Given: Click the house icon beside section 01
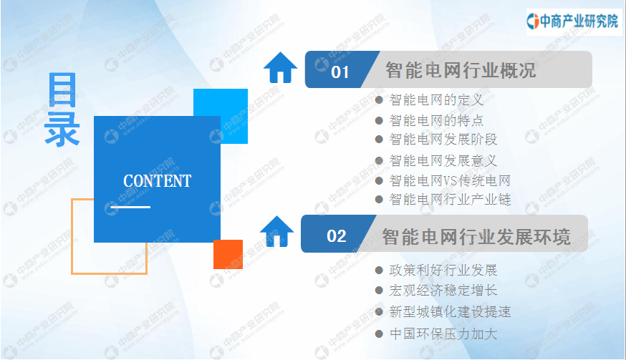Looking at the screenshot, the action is [280, 67].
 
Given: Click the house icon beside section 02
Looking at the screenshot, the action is [276, 231].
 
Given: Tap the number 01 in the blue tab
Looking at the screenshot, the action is [340, 72].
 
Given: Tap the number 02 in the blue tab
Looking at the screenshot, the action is [336, 236].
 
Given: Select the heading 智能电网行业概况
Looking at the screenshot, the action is [461, 70].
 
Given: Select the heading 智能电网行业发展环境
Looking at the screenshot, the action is [476, 237].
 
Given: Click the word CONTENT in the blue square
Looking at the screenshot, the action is [158, 181].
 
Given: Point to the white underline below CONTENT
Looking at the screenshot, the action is [130, 207].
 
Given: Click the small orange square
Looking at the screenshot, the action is [228, 254].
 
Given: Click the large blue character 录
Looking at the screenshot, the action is [62, 129].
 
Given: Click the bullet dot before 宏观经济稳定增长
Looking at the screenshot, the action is [380, 290].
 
